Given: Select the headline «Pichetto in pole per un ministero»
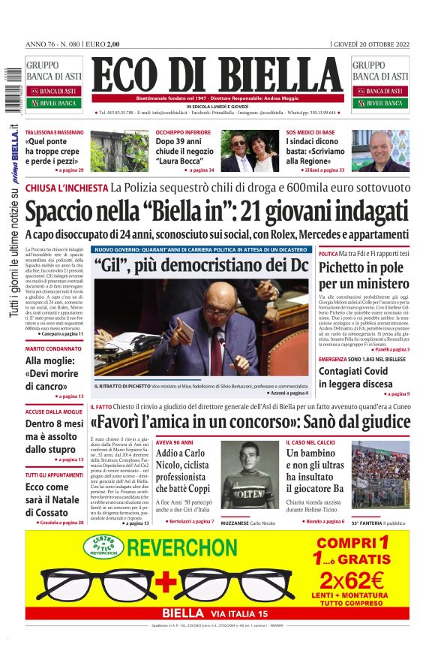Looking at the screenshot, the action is click(x=364, y=276).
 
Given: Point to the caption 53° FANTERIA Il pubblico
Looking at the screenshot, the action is click(x=380, y=521).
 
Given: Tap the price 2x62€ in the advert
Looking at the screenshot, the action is click(x=350, y=580).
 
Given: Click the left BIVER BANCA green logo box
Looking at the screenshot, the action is click(x=58, y=103).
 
